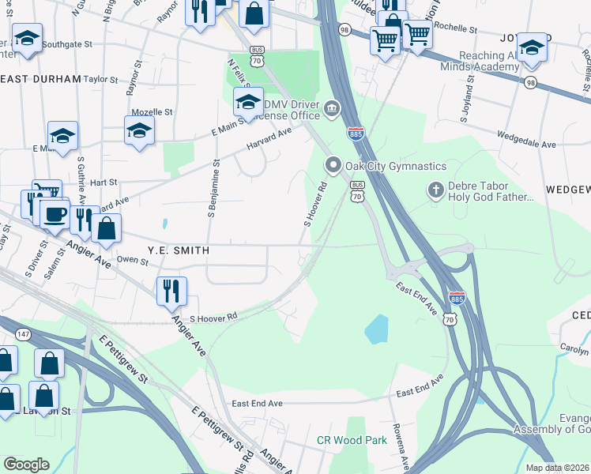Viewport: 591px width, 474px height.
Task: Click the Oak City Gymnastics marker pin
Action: point(333,165)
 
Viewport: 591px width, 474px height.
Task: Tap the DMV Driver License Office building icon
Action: point(333,109)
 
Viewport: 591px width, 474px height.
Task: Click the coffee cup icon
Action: point(55,214)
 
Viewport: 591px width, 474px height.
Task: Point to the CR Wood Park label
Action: point(352,440)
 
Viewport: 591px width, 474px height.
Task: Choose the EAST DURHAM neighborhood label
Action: point(41,80)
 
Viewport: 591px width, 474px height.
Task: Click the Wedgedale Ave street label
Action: point(513,145)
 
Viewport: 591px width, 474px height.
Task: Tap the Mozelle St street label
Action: point(152,112)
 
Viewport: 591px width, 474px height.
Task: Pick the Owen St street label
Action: point(127,259)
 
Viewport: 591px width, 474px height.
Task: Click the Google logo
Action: point(27,464)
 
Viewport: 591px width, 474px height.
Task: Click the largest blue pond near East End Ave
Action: point(377,328)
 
